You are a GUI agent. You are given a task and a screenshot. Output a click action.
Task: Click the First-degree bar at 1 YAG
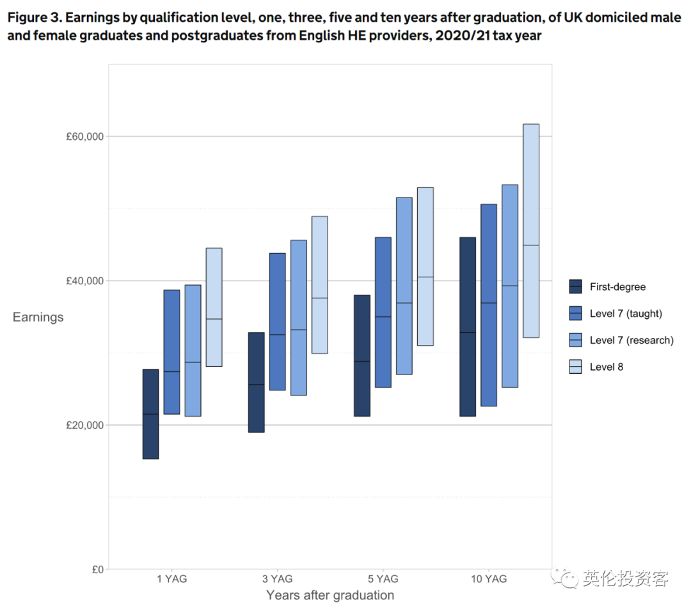[150, 414]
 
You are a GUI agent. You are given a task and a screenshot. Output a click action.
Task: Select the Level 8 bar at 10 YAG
[531, 231]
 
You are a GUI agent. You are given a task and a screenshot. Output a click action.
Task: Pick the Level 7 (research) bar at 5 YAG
[404, 286]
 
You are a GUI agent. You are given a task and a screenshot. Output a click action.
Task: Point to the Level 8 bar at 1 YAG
[214, 307]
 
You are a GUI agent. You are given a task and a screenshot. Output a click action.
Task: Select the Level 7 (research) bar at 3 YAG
[299, 318]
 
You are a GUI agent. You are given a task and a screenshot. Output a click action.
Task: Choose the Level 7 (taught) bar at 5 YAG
[383, 312]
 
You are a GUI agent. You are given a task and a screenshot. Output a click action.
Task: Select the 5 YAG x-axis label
[383, 579]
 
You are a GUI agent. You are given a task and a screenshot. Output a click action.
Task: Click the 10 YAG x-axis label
[489, 579]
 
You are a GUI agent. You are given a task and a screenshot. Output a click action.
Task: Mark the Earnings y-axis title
[38, 317]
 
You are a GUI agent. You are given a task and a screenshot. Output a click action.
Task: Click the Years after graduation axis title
[330, 596]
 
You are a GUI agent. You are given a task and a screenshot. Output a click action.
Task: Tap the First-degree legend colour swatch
[576, 287]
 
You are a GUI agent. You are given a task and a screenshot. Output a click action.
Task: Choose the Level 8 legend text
[606, 367]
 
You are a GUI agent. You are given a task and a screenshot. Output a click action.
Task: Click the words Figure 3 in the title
[32, 18]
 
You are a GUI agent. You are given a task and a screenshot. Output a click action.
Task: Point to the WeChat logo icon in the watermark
[567, 579]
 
